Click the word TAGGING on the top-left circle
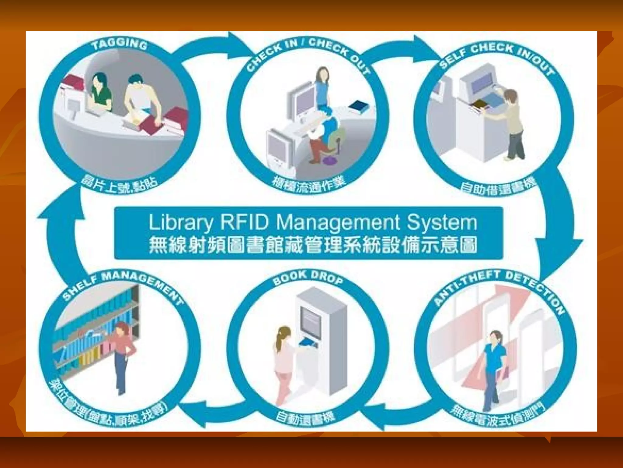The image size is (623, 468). [120, 45]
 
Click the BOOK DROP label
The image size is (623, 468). [308, 277]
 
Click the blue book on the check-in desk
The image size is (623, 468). [359, 106]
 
